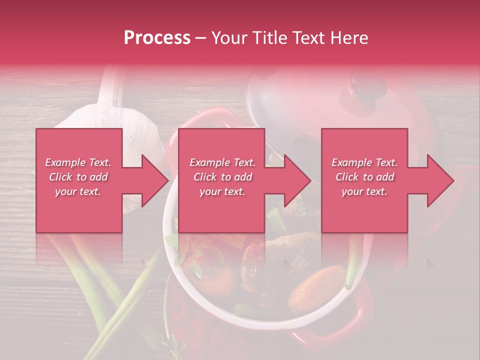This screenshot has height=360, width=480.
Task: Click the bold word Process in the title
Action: [157, 38]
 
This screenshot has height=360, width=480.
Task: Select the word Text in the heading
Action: [308, 38]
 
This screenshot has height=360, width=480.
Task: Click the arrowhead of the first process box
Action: [154, 180]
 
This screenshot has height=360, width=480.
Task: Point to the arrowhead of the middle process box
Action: [297, 180]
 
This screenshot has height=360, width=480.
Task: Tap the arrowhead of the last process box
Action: [440, 180]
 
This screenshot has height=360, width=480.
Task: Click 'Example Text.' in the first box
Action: [78, 162]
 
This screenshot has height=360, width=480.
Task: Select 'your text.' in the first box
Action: [78, 191]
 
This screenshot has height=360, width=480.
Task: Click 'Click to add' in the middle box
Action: [222, 177]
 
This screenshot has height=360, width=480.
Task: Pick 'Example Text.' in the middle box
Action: [222, 162]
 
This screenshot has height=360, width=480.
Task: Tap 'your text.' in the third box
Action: [364, 191]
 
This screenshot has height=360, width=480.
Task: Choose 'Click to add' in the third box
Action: [364, 177]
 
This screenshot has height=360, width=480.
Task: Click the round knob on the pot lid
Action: [369, 84]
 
